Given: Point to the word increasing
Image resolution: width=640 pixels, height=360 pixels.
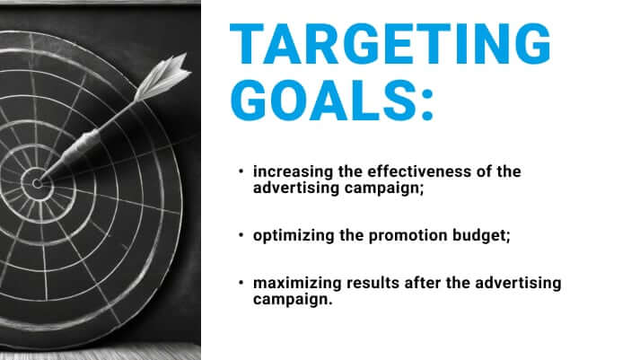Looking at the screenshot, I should tap(286, 171).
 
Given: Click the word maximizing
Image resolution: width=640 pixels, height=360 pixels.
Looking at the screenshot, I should tap(291, 284).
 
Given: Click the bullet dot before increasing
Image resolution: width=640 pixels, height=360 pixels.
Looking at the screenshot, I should tap(241, 171).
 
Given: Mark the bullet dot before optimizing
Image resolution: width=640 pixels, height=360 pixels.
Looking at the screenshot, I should tap(241, 234).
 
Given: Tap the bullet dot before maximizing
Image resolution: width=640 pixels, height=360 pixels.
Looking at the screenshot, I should tap(241, 284).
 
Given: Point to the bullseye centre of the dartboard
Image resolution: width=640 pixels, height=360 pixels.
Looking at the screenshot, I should tap(37, 183).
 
